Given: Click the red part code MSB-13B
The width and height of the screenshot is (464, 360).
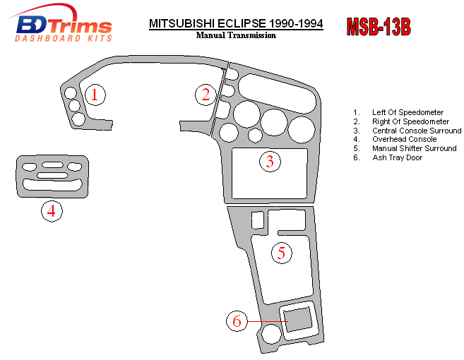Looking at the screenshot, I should pyautogui.click(x=378, y=27).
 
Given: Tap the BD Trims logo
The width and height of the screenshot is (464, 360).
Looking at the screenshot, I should pyautogui.click(x=64, y=26).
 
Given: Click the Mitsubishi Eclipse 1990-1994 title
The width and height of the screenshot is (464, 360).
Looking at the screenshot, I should pyautogui.click(x=236, y=23).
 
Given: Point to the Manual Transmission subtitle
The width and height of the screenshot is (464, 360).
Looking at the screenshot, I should pyautogui.click(x=236, y=35).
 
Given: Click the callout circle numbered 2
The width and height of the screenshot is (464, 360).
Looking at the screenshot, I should pyautogui.click(x=206, y=94).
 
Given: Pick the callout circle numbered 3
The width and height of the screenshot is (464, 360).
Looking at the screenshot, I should pyautogui.click(x=269, y=162).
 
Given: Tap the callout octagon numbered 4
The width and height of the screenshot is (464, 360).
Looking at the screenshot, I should pyautogui.click(x=51, y=210).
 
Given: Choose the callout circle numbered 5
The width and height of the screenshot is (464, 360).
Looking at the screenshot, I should pyautogui.click(x=281, y=252).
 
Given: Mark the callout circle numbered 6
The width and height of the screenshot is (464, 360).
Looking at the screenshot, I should pyautogui.click(x=237, y=321).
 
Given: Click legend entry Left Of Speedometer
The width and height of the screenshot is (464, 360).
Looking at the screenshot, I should pyautogui.click(x=408, y=112).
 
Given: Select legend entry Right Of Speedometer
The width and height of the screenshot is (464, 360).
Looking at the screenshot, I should pyautogui.click(x=410, y=121).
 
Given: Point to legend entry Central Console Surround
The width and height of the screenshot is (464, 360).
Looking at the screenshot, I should pyautogui.click(x=417, y=131).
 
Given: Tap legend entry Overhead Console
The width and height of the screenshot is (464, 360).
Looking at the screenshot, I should pyautogui.click(x=404, y=140).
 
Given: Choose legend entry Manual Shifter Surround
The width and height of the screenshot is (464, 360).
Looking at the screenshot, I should pyautogui.click(x=414, y=149).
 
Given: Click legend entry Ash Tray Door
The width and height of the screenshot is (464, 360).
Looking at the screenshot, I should pyautogui.click(x=395, y=157).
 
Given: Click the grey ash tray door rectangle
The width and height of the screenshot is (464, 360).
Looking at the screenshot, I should pyautogui.click(x=299, y=318).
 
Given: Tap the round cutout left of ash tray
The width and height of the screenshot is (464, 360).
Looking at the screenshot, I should pyautogui.click(x=269, y=335).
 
